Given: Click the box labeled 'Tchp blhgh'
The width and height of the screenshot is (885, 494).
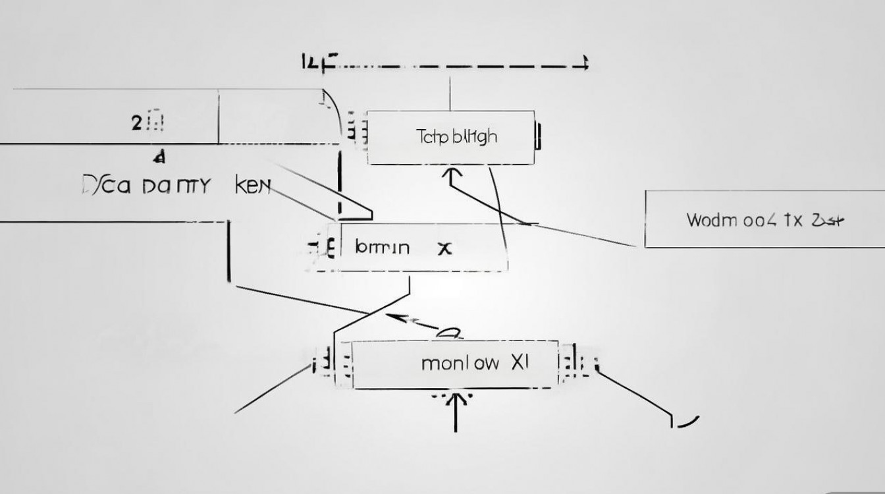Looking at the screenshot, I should tap(450, 138).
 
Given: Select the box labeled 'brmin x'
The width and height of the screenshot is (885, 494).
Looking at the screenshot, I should tap(421, 248).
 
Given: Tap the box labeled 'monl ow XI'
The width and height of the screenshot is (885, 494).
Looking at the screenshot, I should tap(456, 364).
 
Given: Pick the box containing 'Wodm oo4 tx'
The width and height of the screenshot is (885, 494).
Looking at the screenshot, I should tap(764, 219).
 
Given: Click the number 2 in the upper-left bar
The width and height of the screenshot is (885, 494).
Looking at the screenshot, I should tap(136, 123).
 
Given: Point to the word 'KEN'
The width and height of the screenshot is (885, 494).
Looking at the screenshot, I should tap(253, 186).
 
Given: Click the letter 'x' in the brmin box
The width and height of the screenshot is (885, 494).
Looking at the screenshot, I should tap(446, 248).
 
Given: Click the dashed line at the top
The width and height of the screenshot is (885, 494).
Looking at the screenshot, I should tap(461, 66).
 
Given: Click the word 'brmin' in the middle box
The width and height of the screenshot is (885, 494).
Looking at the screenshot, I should tap(382, 248).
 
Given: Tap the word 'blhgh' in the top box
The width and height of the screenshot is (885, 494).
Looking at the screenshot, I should tap(475, 137).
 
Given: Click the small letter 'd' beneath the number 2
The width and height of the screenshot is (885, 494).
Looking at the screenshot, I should tap(158, 158).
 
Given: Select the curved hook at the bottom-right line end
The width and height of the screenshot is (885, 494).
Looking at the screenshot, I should tap(685, 422).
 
